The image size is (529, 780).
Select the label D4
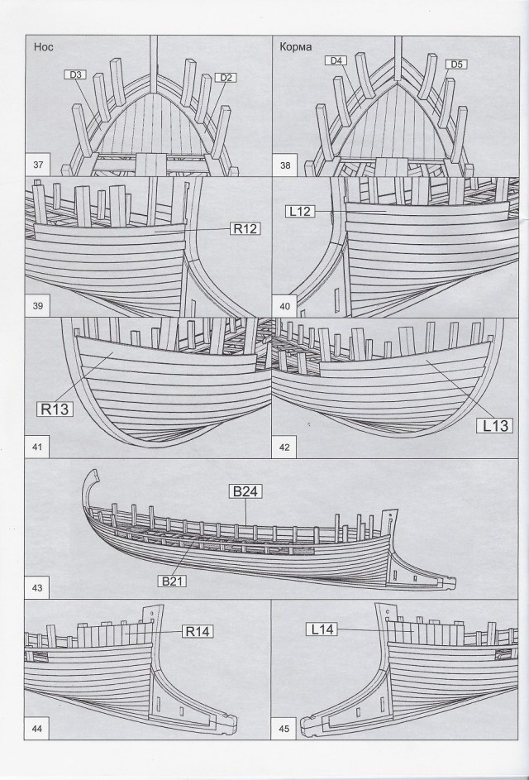coord(336,60)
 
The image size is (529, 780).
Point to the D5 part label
coord(456,64)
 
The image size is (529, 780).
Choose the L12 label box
coord(299,212)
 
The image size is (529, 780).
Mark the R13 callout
coord(53,408)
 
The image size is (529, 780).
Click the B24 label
coord(245,492)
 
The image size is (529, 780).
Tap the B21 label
coord(173,581)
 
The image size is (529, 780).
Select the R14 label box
coord(198,632)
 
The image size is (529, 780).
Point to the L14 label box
coord(322,629)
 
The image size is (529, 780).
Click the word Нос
coord(44,47)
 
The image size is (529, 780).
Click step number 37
coord(39,165)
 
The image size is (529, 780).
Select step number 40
coord(285,306)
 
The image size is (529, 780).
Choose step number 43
coord(38,588)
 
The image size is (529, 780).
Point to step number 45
coord(285,729)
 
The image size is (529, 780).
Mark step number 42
coord(285,447)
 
